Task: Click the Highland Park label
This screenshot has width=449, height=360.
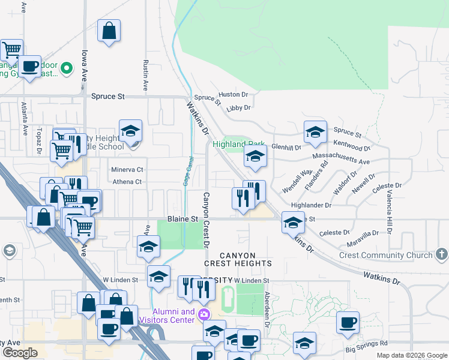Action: point(239,145)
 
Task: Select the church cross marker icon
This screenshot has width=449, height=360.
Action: point(442,254)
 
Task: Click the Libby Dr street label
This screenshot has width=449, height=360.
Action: point(238,108)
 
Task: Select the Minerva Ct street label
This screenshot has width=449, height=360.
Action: point(127,170)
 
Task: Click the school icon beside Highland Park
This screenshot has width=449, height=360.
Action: point(255,157)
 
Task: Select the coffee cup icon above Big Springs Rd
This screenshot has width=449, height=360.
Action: point(347,322)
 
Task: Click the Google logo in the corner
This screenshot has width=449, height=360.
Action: point(20,353)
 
